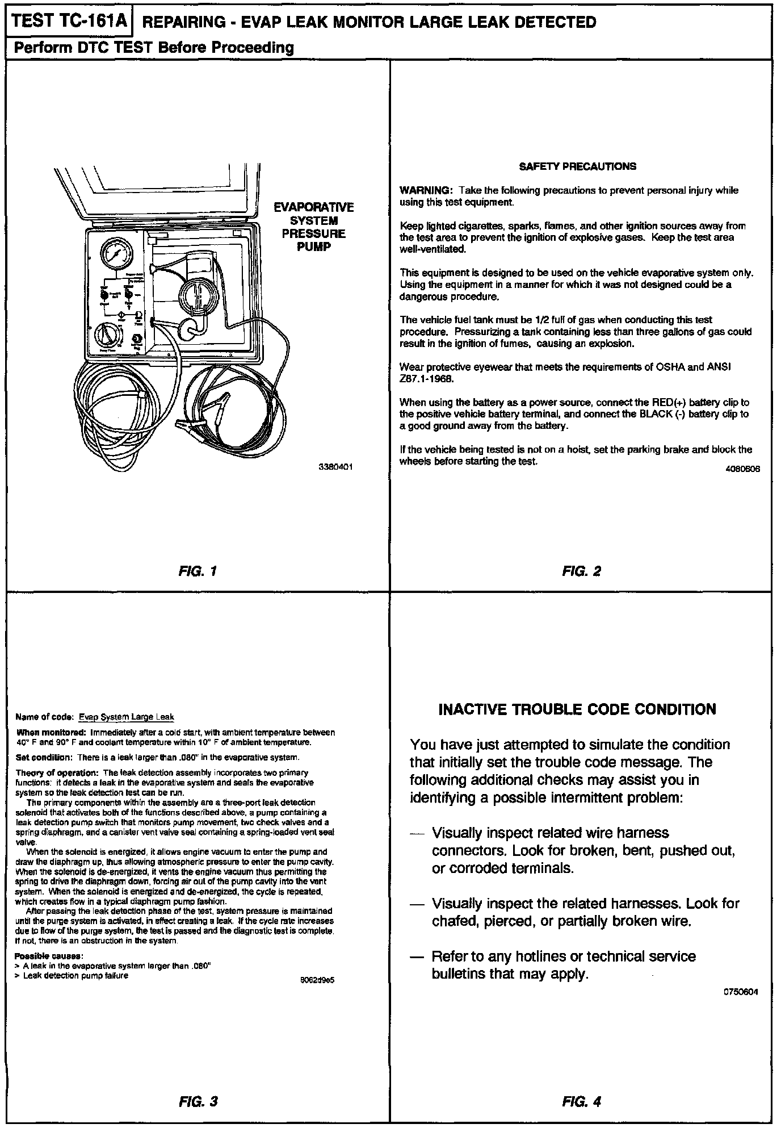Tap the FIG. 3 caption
point(198,1101)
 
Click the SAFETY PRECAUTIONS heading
point(578,166)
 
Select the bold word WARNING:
point(426,190)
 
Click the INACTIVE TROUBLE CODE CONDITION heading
point(577,709)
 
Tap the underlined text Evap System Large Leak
point(126,717)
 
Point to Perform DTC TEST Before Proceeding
point(154,48)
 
